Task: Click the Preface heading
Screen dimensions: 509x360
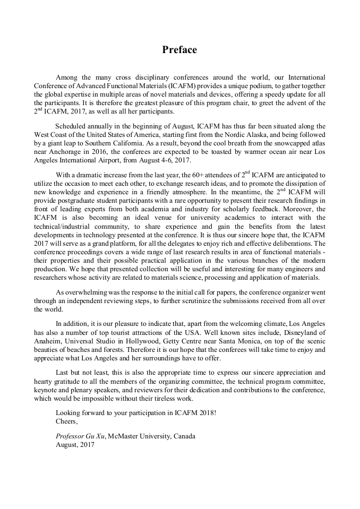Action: click(179, 50)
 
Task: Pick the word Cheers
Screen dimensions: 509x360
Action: click(66, 421)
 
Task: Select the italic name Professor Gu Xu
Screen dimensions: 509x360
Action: click(81, 436)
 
